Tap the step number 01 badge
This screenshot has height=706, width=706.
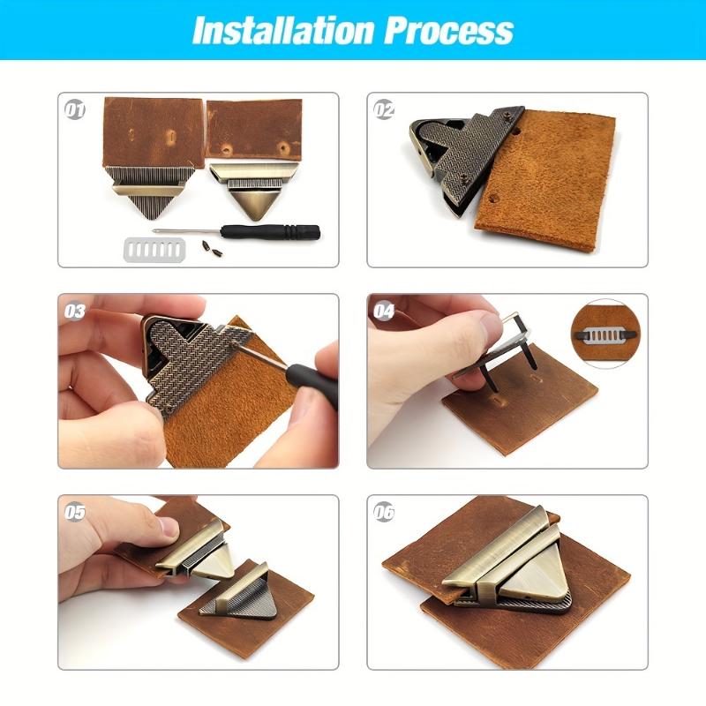tap(75, 110)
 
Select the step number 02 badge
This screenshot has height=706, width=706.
tap(384, 110)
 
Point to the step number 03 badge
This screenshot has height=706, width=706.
tap(75, 311)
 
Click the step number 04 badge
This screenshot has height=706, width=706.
tap(384, 311)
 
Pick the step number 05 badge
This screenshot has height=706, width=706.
tap(75, 512)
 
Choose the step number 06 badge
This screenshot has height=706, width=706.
tap(384, 512)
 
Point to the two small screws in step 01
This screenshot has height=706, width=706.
tap(209, 246)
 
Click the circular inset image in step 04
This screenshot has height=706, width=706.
tap(608, 334)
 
